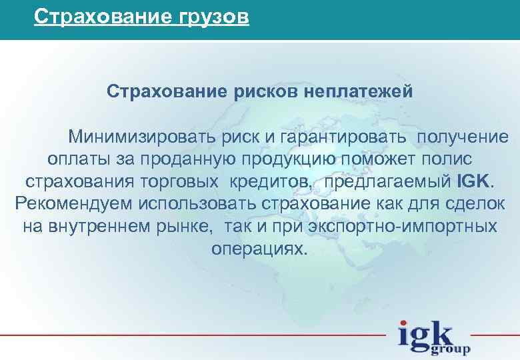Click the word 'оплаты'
click(x=76, y=160)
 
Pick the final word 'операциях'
click(x=259, y=249)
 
